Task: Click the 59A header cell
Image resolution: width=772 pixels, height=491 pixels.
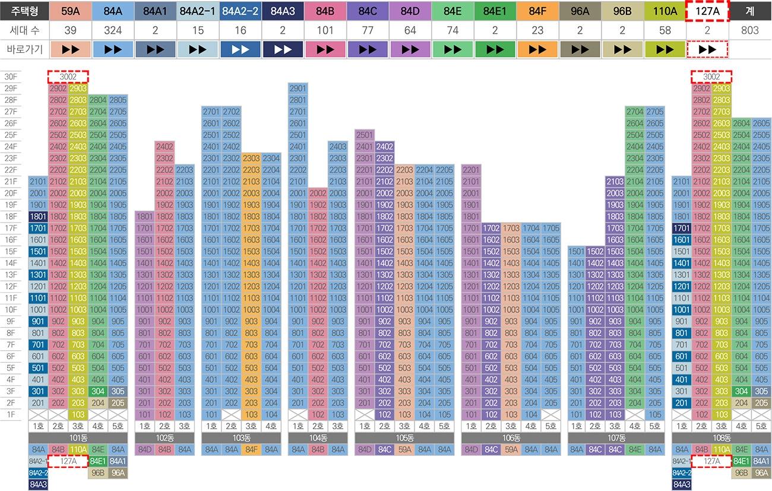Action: point(71,11)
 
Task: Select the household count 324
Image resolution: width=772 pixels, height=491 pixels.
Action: point(113,30)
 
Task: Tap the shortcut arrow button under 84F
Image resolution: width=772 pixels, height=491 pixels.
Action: point(538,49)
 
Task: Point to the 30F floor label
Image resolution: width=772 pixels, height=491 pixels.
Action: point(11,77)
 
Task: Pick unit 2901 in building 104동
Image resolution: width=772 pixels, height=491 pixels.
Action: point(298,88)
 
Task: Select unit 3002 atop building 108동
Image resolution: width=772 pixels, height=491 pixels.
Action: point(711,77)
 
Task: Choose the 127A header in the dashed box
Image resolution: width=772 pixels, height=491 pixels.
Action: point(707,11)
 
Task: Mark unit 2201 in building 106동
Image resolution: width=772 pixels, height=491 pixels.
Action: point(471,170)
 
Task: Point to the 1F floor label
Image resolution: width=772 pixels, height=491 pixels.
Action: point(11,414)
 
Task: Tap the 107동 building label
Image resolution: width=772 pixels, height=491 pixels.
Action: point(615,438)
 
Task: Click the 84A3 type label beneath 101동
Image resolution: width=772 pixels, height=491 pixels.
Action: point(38,484)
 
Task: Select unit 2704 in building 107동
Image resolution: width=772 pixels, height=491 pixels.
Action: point(635,112)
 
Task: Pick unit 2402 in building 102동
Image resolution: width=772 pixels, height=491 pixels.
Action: point(164,147)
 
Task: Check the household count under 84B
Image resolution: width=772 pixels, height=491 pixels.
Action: point(325,30)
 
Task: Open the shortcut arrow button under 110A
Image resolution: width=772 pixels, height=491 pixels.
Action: point(665,49)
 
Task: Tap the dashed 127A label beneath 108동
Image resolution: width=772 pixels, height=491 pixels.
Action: point(711,461)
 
